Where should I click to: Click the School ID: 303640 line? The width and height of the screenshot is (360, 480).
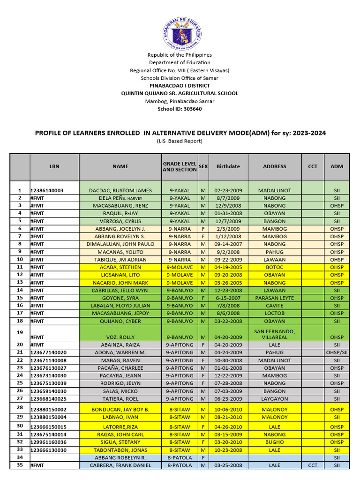tap(180, 109)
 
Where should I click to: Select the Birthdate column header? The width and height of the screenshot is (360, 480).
tap(228, 166)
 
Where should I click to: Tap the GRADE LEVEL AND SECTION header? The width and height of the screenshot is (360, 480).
tap(180, 166)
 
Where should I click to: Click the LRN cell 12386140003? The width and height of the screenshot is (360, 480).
tap(47, 191)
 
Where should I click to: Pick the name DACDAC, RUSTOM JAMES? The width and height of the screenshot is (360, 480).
tap(120, 191)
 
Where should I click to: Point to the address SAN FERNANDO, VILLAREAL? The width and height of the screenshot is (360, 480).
tap(274, 334)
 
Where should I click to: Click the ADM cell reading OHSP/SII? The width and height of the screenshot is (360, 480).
tap(337, 352)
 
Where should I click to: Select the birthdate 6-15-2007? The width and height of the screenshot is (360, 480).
tap(228, 298)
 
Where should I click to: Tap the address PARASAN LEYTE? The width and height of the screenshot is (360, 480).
tap(274, 298)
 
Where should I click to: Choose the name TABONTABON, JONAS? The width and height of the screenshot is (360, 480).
tap(120, 450)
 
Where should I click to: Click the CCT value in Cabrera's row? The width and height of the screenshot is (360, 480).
tap(313, 465)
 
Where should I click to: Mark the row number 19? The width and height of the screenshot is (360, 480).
tap(20, 332)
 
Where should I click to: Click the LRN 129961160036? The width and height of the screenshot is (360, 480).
tap(49, 442)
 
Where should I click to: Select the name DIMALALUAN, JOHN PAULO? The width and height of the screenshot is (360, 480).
tap(120, 244)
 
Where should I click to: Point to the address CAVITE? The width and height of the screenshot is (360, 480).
tap(274, 306)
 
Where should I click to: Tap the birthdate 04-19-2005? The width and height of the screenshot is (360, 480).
tap(228, 267)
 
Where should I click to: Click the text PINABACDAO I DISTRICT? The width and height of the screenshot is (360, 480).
tap(180, 86)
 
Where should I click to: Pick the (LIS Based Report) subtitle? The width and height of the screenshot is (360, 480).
tap(180, 141)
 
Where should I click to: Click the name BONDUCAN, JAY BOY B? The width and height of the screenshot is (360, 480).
tap(120, 410)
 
